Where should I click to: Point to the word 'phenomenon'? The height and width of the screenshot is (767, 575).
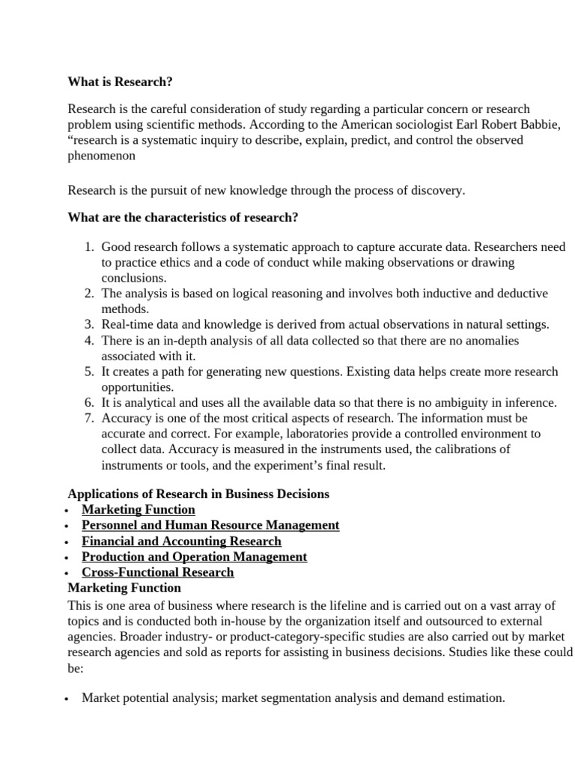point(101,155)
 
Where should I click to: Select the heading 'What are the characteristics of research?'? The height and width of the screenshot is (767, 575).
point(183,218)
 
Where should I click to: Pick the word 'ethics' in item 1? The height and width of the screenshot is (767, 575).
point(176,262)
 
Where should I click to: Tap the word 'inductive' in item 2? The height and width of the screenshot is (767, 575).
point(432,293)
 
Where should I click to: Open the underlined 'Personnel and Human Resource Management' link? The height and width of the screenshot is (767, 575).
point(210,525)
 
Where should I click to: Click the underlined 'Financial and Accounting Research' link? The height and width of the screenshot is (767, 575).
point(181,541)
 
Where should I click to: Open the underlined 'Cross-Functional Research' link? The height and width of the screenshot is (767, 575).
point(157,572)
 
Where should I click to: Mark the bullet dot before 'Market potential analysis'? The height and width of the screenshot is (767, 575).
point(67,699)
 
